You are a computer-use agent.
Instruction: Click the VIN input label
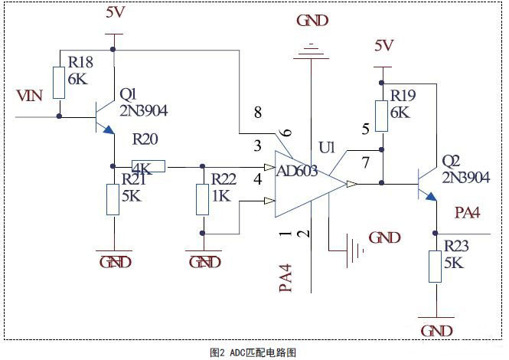(x=29, y=96)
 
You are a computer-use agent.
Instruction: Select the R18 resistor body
(x=59, y=83)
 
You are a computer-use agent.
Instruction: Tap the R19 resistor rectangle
(x=381, y=116)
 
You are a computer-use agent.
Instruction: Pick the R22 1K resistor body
(x=202, y=199)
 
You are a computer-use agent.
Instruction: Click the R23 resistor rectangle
(x=435, y=267)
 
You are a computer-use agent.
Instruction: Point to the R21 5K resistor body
(x=113, y=199)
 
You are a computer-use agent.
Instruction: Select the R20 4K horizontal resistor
(x=148, y=166)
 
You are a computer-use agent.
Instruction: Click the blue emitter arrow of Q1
(x=109, y=129)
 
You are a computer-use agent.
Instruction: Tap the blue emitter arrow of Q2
(x=431, y=196)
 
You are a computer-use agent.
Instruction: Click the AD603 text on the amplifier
(x=297, y=171)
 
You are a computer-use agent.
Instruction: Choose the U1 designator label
(x=327, y=148)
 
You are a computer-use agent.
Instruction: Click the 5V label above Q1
(x=116, y=12)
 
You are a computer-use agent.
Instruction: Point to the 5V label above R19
(x=384, y=45)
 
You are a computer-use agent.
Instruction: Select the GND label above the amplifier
(x=312, y=21)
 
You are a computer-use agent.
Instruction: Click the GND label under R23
(x=436, y=331)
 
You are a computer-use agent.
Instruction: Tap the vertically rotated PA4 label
(x=285, y=278)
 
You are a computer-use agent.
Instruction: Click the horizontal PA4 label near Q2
(x=467, y=213)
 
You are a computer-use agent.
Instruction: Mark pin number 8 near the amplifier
(x=258, y=113)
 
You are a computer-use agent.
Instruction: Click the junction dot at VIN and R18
(x=59, y=116)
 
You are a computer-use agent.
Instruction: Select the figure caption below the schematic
(x=253, y=352)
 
